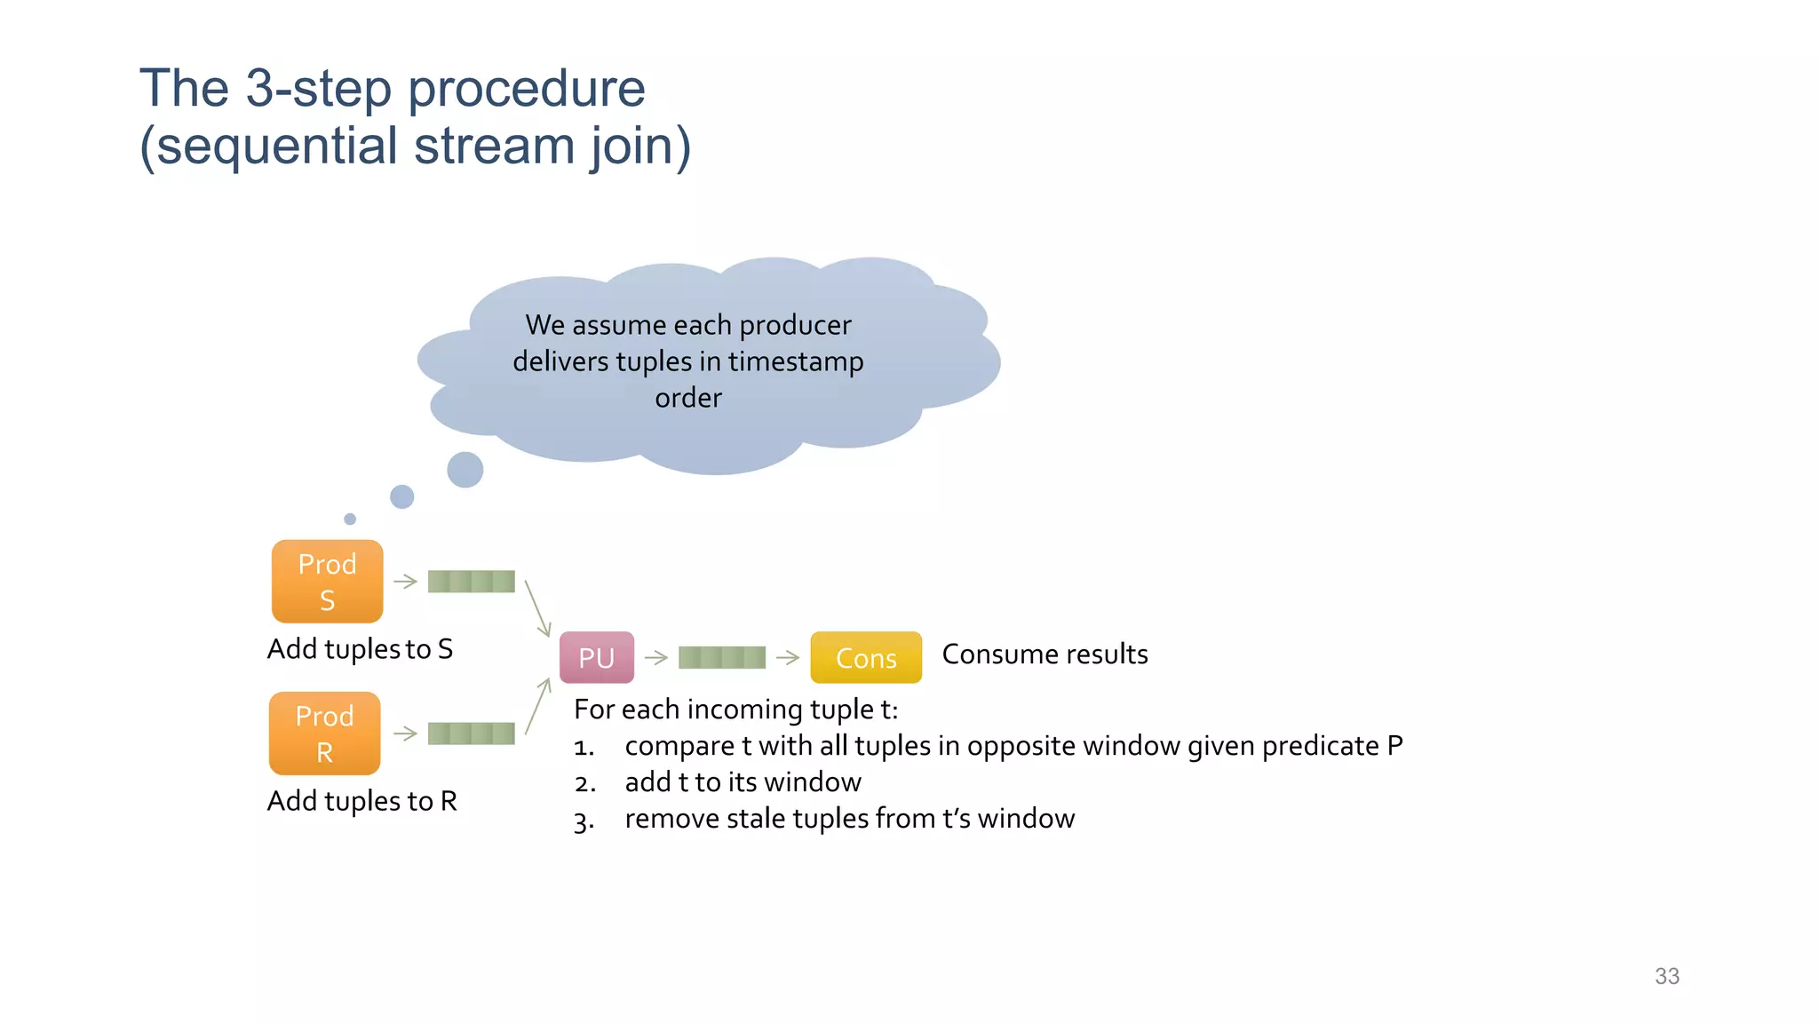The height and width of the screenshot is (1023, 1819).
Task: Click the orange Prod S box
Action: [x=327, y=582]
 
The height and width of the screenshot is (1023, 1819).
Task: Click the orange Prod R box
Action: [x=324, y=734]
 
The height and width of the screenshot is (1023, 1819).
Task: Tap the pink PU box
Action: [x=596, y=657]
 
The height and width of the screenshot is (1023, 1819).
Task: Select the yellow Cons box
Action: [x=865, y=657]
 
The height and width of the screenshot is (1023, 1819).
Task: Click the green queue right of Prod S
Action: [x=471, y=582]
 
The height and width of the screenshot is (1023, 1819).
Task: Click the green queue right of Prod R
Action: [x=471, y=734]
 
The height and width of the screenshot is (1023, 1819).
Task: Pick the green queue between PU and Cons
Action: [x=721, y=657]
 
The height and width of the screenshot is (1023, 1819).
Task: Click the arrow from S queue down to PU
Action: [x=537, y=608]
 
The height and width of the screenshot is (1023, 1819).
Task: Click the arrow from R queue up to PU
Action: [x=537, y=707]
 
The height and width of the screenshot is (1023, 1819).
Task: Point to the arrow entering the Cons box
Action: [x=787, y=657]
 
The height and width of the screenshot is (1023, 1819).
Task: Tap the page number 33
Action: [x=1666, y=976]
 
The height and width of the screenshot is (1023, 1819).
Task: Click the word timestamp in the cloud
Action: [x=795, y=362]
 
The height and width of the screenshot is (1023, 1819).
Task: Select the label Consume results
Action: [x=1045, y=654]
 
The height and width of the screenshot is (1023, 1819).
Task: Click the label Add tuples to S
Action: [x=360, y=649]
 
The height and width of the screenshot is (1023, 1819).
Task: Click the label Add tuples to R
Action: [x=361, y=801]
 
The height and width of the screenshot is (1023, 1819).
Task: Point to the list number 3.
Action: [x=583, y=821]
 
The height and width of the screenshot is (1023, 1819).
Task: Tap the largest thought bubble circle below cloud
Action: [x=465, y=470]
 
